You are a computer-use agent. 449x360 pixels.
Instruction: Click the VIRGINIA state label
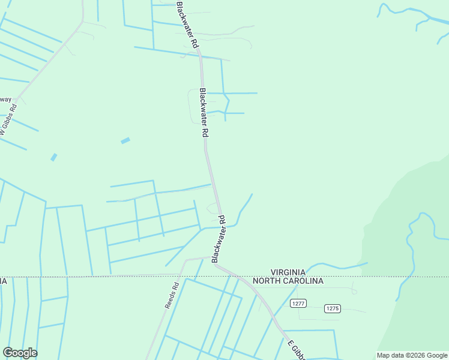pos(288,272)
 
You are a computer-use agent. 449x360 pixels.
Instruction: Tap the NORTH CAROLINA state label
pos(288,281)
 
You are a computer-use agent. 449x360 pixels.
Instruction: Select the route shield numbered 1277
pos(298,304)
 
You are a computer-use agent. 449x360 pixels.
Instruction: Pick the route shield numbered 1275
pos(332,308)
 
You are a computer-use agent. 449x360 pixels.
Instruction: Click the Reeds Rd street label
pos(172,295)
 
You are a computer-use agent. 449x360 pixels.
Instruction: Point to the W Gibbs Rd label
pos(9,119)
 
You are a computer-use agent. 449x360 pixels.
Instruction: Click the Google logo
pos(20,353)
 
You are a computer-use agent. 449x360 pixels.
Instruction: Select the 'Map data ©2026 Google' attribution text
pos(412,355)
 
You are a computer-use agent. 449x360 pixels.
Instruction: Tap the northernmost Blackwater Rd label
pos(187,25)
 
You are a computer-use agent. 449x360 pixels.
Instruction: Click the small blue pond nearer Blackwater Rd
pos(125,141)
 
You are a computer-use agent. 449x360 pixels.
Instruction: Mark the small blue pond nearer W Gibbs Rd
pos(53,157)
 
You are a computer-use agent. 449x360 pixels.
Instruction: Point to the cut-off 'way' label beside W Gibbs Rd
pos(5,100)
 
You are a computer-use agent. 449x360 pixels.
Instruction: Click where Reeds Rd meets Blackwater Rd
pos(213,259)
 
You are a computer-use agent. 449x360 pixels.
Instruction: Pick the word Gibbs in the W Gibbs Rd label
pos(7,121)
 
